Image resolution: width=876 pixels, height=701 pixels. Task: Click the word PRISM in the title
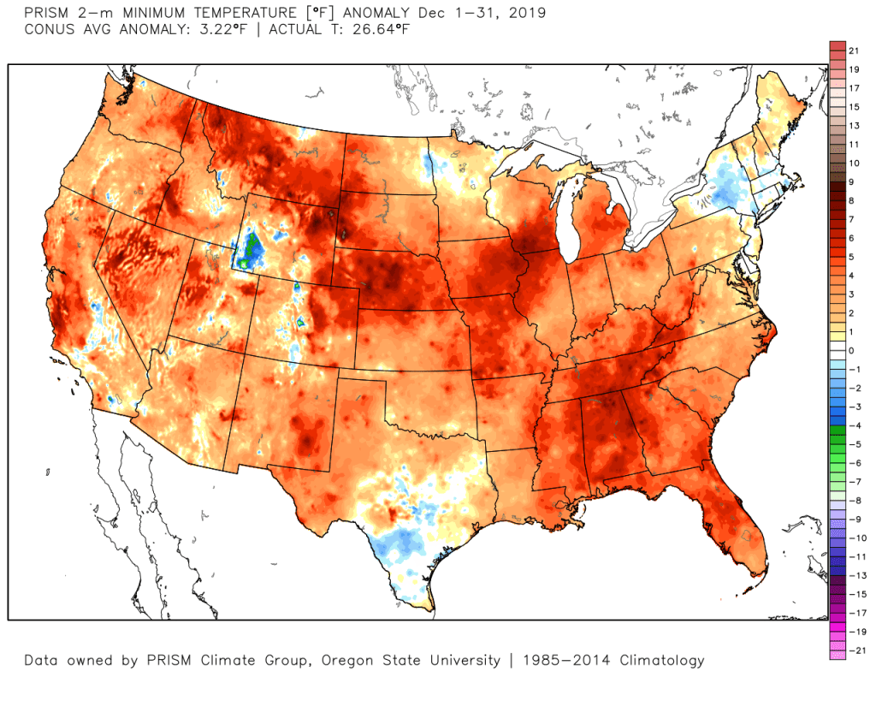click(44, 14)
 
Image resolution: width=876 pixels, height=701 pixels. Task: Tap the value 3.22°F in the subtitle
click(206, 29)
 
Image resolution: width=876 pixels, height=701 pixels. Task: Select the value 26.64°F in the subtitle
click(382, 29)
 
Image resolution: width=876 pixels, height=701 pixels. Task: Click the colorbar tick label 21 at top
click(853, 51)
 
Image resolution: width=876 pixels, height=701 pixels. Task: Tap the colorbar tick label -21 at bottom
click(852, 650)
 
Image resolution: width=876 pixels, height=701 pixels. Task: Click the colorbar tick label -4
click(852, 425)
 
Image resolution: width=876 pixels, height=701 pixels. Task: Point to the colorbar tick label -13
click(852, 575)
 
